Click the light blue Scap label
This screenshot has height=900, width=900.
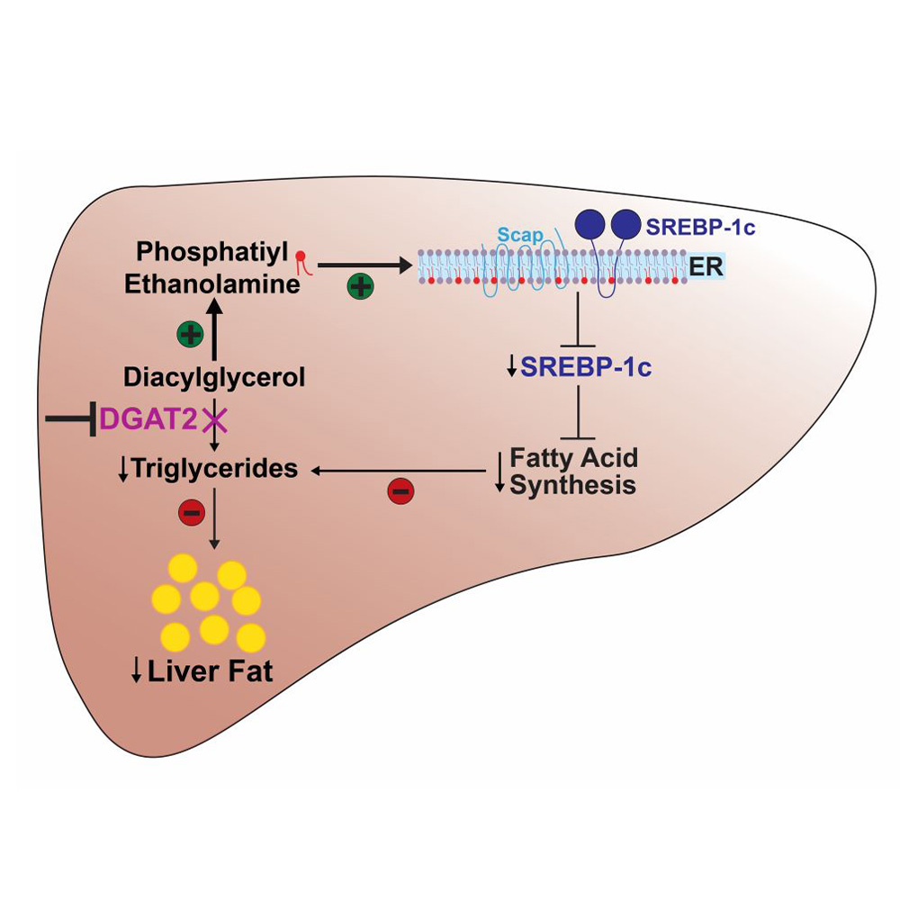point(518,235)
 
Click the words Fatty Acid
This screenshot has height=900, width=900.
point(573,457)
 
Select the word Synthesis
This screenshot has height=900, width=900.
point(572,486)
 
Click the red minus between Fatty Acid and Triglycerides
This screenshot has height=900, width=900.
point(400,490)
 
